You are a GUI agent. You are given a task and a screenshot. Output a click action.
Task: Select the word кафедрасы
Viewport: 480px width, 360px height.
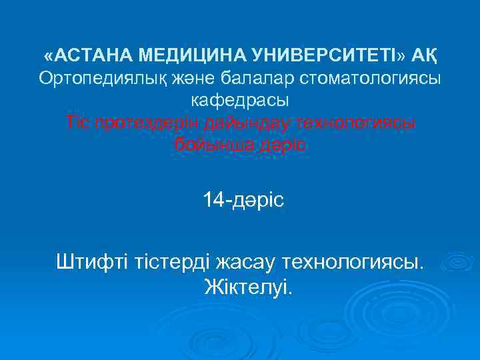pos(240,101)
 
